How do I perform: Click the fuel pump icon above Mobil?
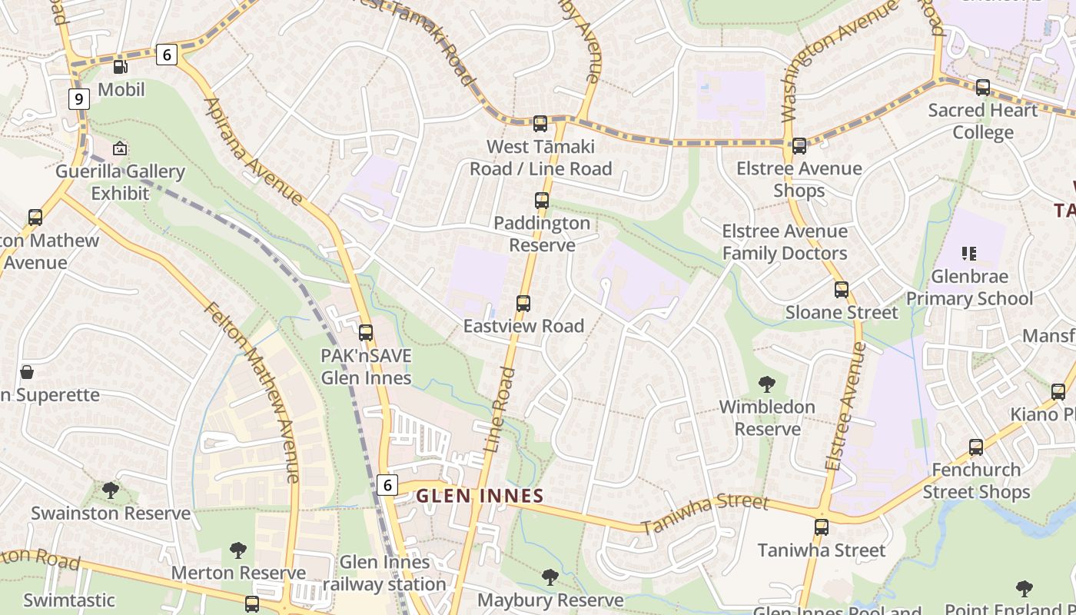[120, 67]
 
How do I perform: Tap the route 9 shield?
[78, 99]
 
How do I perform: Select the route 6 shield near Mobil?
[166, 55]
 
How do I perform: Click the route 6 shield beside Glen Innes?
[387, 485]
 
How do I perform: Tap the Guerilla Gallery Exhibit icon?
[120, 148]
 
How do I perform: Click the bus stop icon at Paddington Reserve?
[542, 201]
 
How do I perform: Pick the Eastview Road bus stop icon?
[523, 303]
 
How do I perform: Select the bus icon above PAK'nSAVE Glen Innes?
[366, 333]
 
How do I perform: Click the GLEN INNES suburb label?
[480, 497]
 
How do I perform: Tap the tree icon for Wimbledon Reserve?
[766, 384]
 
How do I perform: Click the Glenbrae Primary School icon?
[969, 253]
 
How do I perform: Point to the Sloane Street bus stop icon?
[842, 290]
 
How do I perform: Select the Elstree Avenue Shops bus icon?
[799, 145]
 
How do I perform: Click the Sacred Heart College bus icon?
[983, 88]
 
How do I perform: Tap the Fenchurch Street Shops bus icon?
[976, 447]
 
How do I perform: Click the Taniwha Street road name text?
[705, 514]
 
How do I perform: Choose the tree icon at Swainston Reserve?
[111, 490]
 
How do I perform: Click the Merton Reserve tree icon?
[238, 550]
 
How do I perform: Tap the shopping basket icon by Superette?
[27, 372]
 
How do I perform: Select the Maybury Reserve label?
[550, 600]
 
